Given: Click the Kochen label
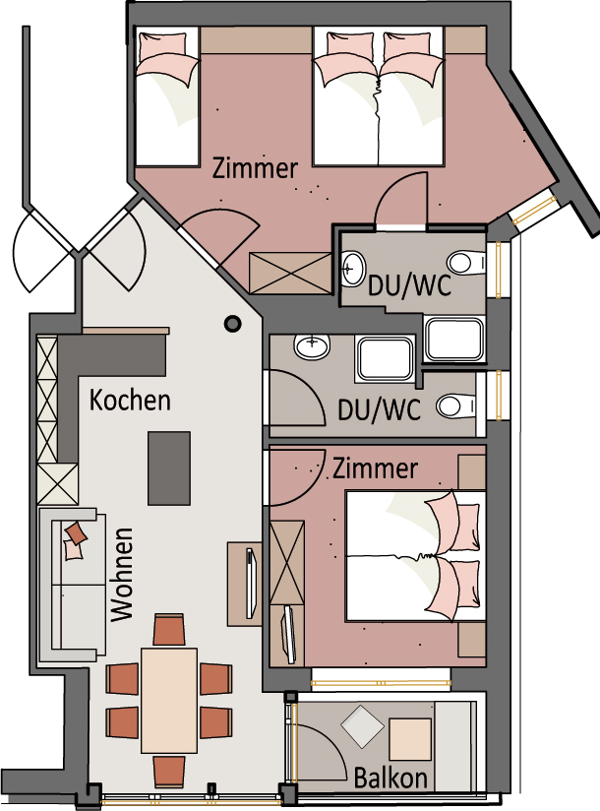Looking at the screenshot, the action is click(130, 401).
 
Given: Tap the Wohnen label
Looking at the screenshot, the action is click(123, 575).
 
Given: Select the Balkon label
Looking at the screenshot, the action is click(391, 778).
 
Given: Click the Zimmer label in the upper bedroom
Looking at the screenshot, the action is click(256, 168).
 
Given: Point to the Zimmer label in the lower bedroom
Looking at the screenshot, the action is click(375, 468).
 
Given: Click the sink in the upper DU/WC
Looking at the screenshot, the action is click(353, 268).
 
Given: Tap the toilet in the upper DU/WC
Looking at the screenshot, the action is click(466, 263).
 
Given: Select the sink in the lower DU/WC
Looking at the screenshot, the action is click(312, 346).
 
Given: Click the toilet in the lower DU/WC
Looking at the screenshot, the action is click(456, 406).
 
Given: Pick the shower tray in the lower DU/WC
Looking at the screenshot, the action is click(385, 359).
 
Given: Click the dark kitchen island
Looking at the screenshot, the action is click(169, 468).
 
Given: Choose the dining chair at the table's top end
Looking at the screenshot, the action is click(169, 630).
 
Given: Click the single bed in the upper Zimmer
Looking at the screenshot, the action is click(167, 96).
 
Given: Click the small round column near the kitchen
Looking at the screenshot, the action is click(233, 324).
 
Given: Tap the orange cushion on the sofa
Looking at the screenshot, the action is click(77, 533).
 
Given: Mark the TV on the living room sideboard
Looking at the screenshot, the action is click(251, 583).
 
